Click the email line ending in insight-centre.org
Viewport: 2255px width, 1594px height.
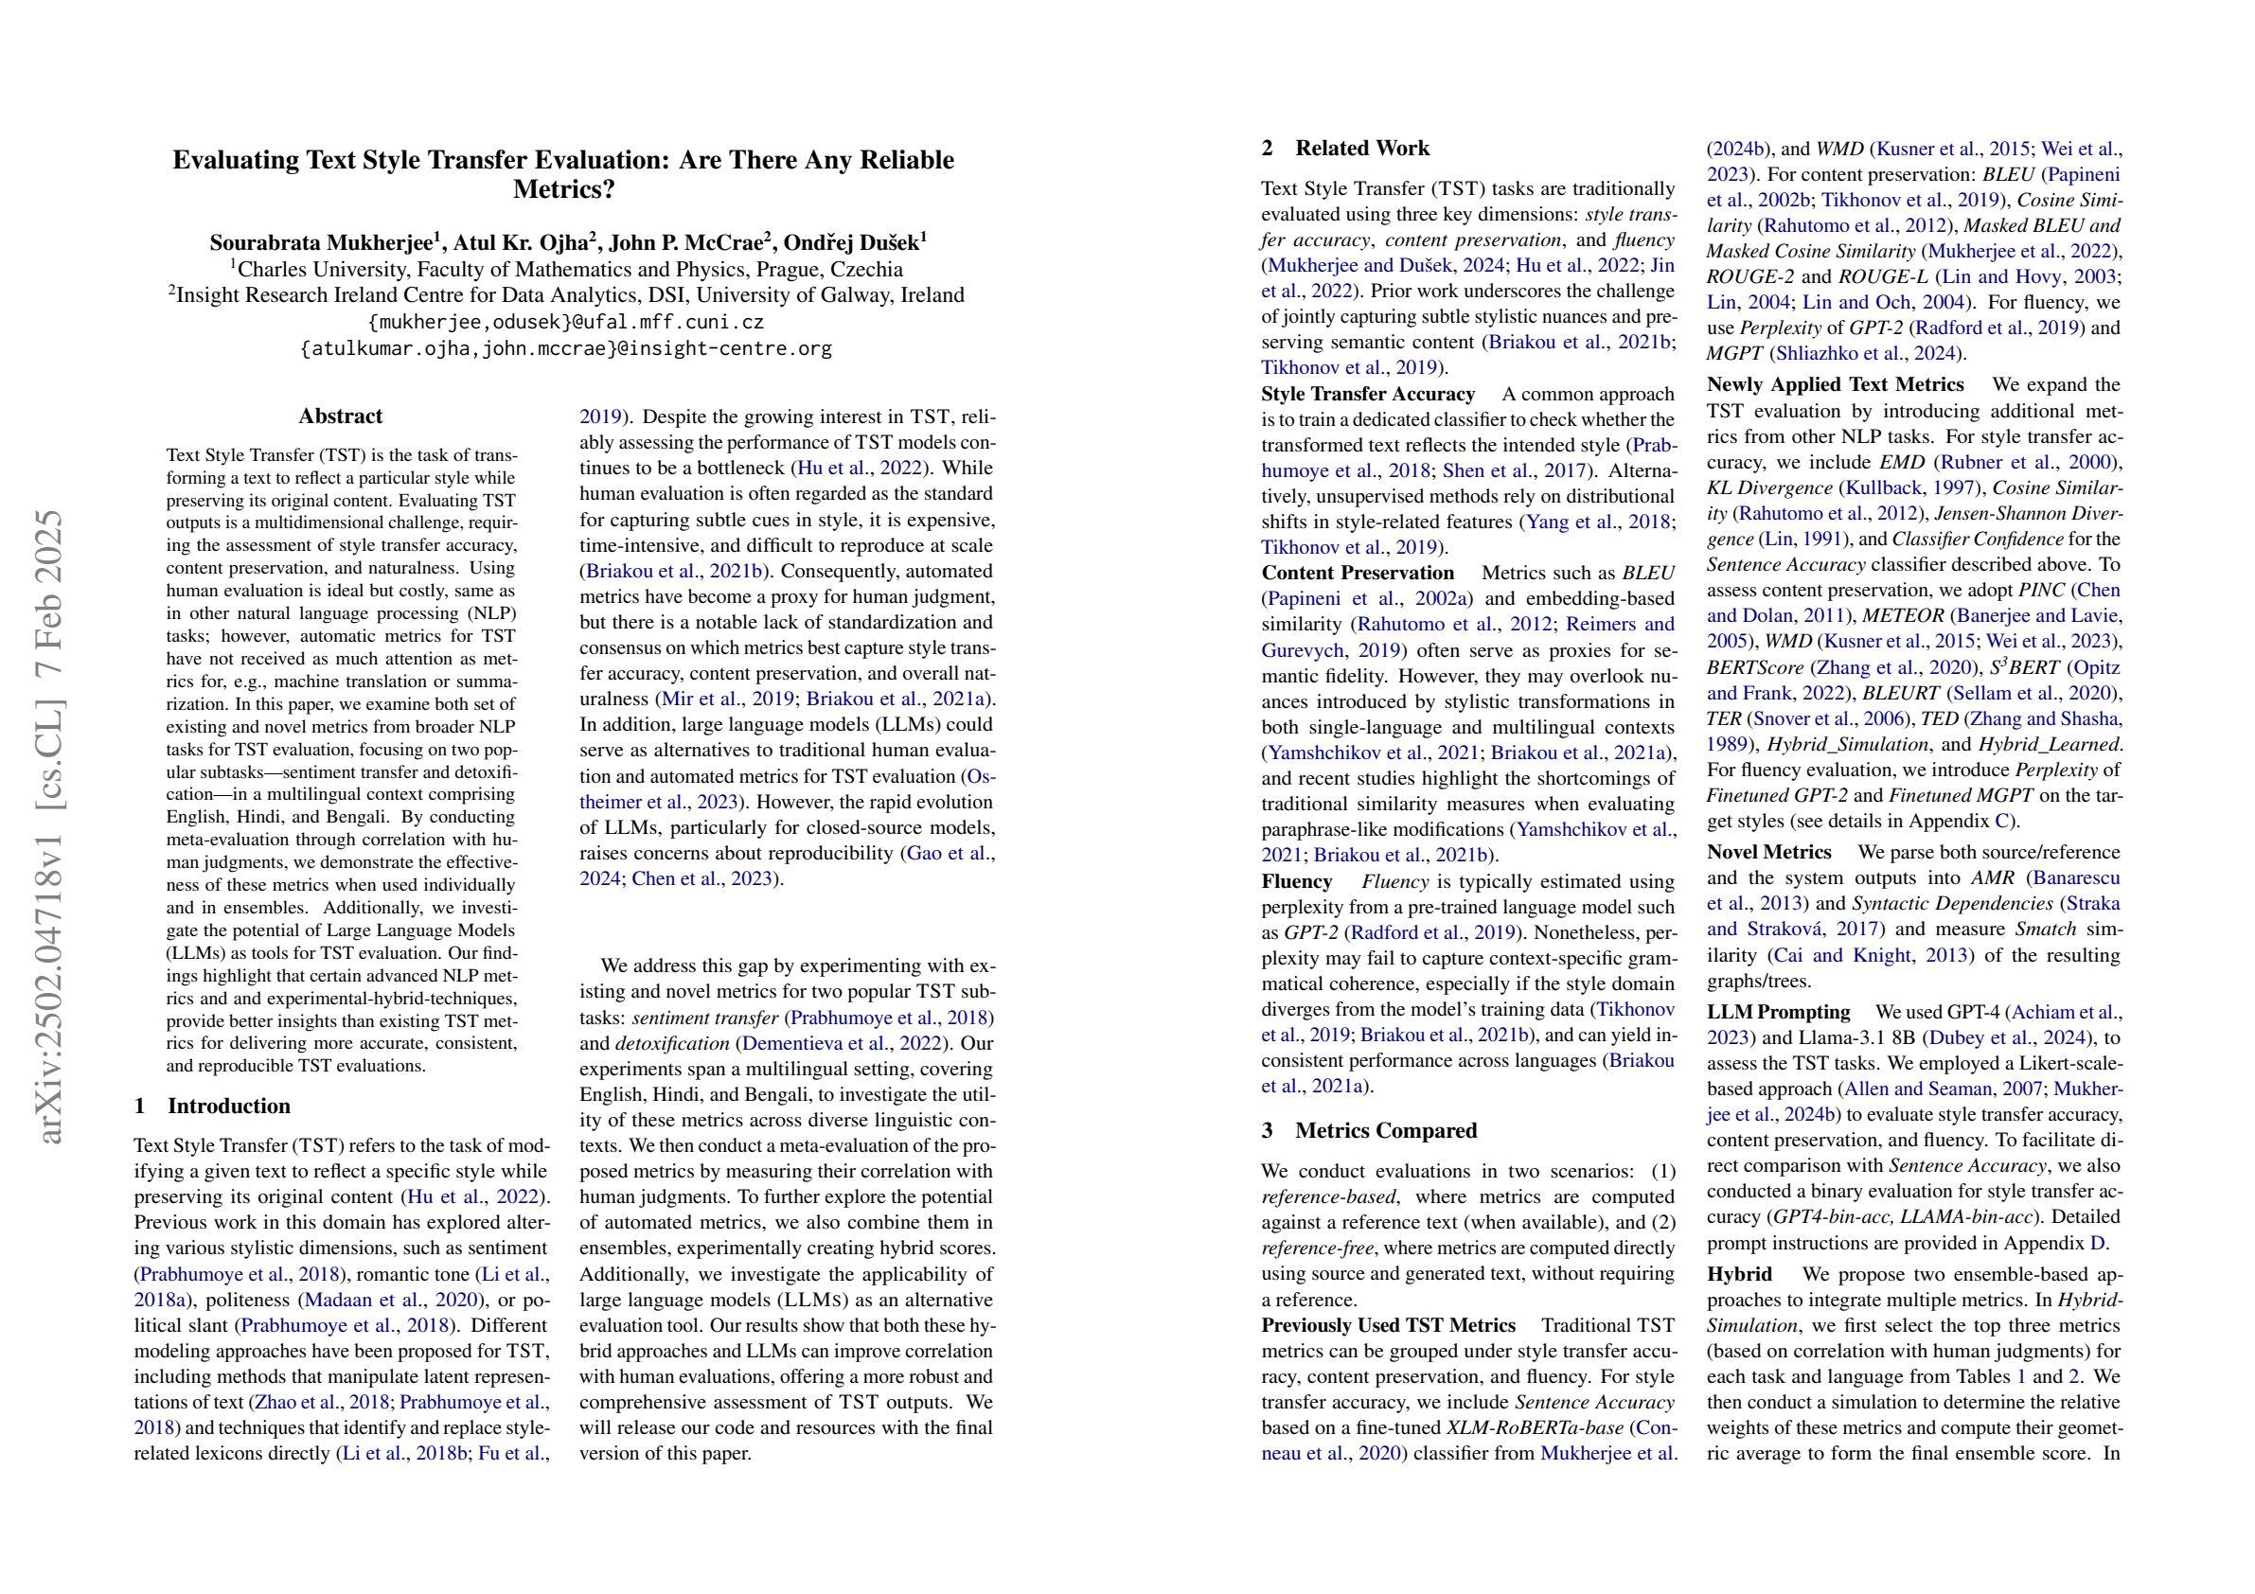565,348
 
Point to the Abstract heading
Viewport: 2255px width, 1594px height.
340,416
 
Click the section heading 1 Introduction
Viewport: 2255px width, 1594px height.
212,1106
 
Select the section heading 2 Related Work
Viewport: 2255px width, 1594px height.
1345,149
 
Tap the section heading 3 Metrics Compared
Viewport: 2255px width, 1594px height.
1369,1130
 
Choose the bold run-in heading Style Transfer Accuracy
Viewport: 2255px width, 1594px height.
1368,395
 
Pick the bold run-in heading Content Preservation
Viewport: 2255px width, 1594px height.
1358,574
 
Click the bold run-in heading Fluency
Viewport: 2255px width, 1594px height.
1296,882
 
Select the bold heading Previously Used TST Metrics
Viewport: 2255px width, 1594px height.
1388,1326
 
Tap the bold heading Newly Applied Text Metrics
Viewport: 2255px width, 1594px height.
1835,385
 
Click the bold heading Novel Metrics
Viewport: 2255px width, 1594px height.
1768,853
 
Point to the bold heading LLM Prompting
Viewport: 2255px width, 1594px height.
1778,1013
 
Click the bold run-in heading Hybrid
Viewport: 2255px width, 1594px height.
1739,1275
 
